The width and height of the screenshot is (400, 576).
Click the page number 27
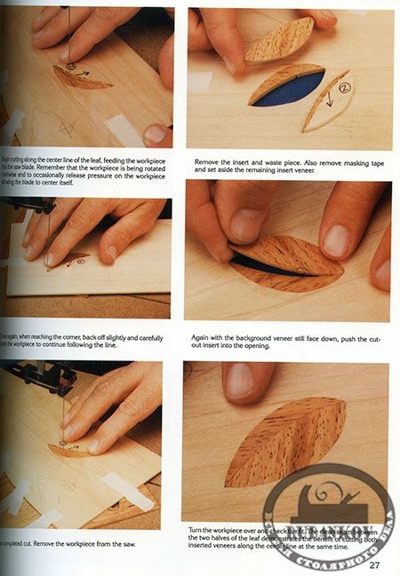[374, 565]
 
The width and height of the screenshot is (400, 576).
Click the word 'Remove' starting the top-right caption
[206, 162]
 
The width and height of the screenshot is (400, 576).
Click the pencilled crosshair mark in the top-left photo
[67, 129]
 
